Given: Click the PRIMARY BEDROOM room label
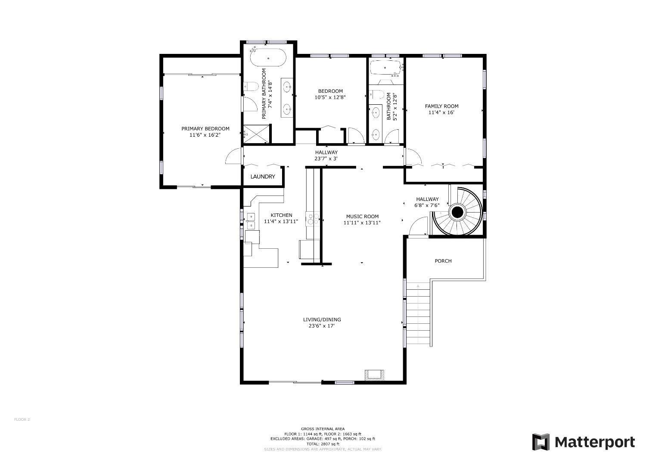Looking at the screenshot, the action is click(205, 129).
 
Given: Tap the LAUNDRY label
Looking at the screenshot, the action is click(263, 177).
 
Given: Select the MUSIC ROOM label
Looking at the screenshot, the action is click(362, 216).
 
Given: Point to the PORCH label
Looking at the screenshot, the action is click(443, 261).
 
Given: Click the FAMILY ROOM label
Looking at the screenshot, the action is click(441, 106).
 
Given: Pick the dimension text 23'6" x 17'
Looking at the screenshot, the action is click(322, 326).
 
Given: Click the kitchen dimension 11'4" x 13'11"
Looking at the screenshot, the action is click(281, 222).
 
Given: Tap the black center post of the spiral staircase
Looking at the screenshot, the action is click(457, 213).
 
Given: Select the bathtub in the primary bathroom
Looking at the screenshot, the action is click(268, 57).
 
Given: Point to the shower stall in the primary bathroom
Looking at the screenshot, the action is click(256, 134).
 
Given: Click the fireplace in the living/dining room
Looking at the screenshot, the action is click(374, 375).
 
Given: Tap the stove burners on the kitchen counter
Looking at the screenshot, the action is click(313, 219).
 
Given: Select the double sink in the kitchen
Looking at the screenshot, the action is click(251, 221).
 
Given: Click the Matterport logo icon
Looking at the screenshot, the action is click(541, 442).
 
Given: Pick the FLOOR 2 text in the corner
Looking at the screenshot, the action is click(22, 419).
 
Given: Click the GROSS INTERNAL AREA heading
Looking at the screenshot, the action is click(323, 429).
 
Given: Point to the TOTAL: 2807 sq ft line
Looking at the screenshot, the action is click(323, 444).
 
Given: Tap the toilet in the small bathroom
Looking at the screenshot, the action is click(377, 94).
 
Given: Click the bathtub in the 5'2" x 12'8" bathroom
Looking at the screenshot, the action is click(385, 68).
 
